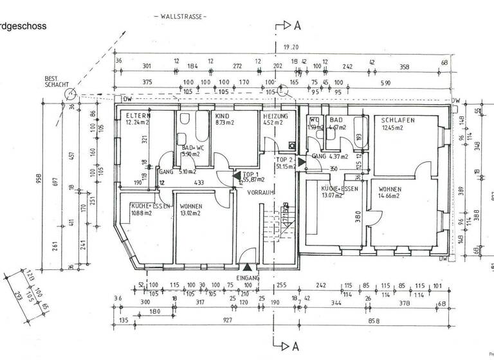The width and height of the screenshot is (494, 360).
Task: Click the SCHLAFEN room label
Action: (x=398, y=120)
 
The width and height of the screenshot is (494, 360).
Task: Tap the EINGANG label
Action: (x=248, y=278)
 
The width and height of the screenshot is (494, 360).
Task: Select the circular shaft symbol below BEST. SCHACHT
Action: (x=69, y=95)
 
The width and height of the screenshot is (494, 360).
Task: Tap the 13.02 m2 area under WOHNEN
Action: (x=192, y=213)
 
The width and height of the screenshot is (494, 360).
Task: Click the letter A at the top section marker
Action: (x=297, y=26)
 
